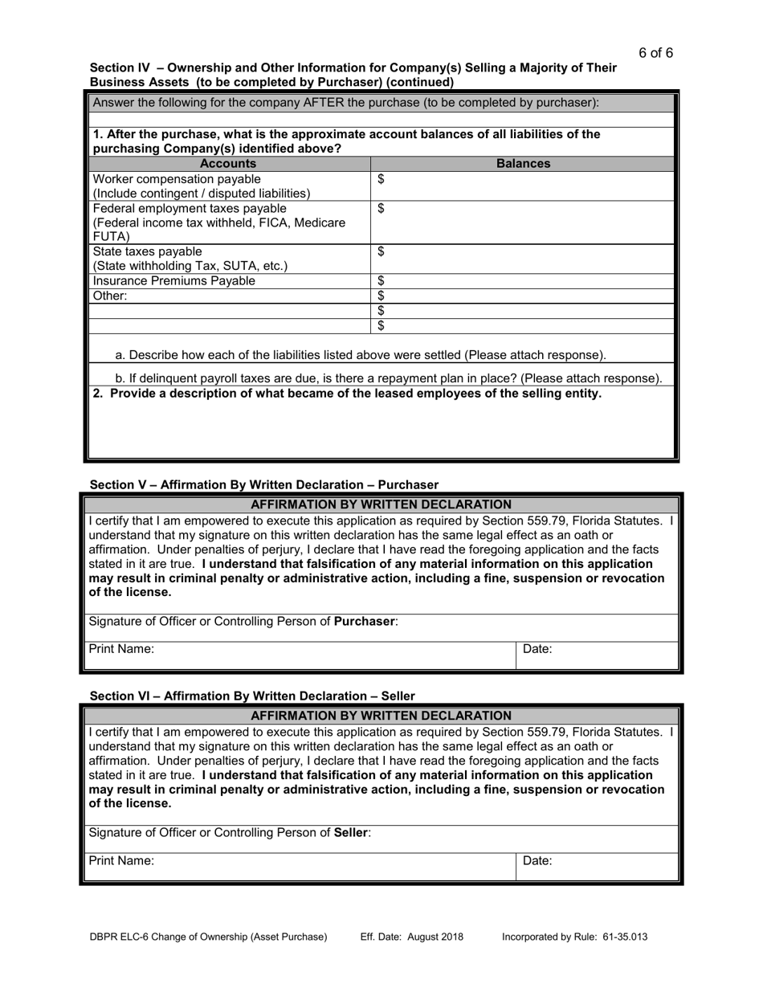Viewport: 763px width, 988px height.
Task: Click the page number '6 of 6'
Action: tap(655, 53)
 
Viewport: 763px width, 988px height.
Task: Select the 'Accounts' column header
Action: tap(228, 164)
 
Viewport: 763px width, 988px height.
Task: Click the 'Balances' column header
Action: tap(523, 164)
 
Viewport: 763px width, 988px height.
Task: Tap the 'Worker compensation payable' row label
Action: tap(177, 179)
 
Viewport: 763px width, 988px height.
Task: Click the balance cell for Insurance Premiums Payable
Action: tap(523, 281)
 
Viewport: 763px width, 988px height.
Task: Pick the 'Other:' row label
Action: tap(111, 296)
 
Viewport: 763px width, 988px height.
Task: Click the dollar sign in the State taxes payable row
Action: tap(381, 252)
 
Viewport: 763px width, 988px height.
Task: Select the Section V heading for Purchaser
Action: tap(264, 485)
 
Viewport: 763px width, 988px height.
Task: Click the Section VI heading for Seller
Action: tap(252, 696)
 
